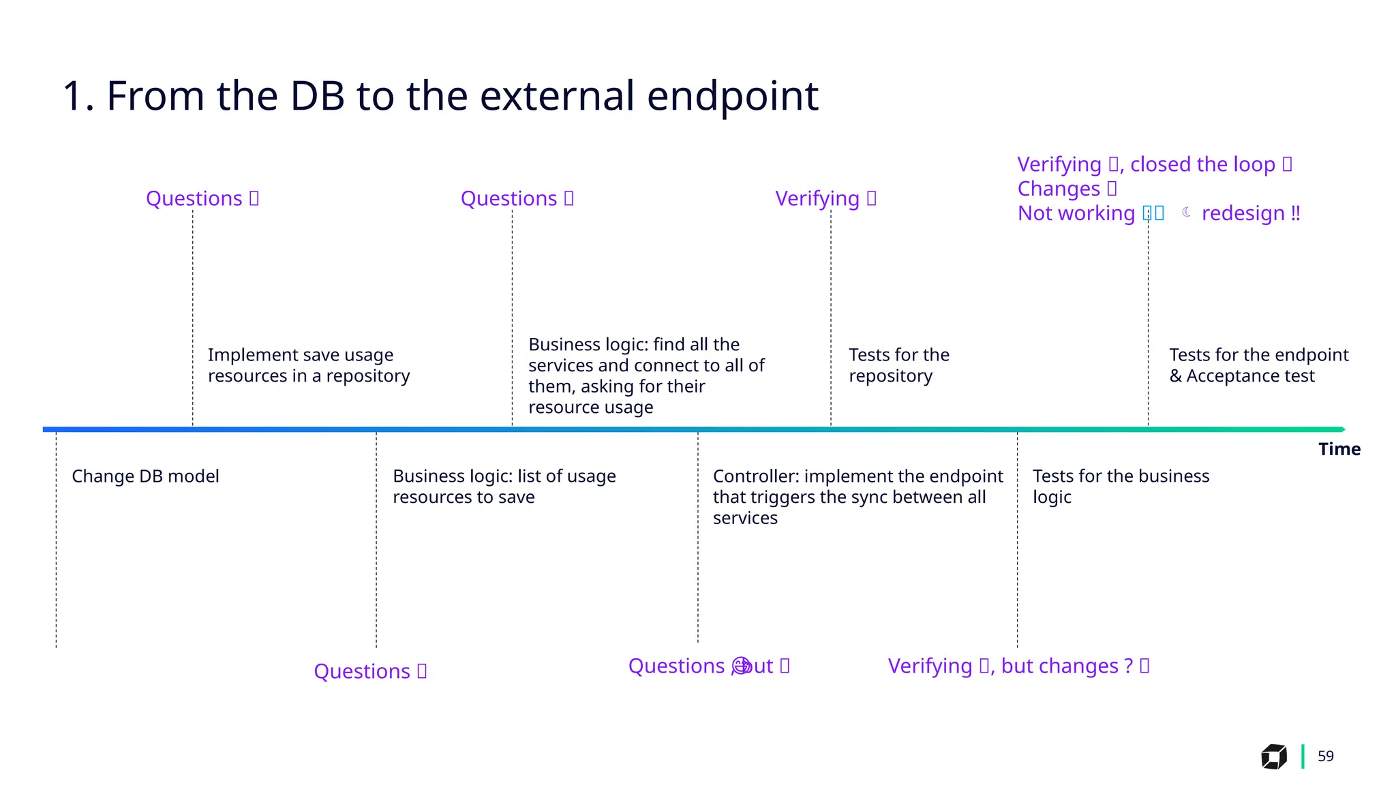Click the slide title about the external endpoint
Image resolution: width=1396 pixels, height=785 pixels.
[x=440, y=95]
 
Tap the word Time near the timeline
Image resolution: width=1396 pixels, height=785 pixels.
[x=1339, y=449]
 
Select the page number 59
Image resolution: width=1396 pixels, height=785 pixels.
[x=1325, y=756]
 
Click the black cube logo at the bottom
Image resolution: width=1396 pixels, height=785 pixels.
[x=1273, y=756]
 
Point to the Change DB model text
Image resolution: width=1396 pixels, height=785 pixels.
[x=145, y=476]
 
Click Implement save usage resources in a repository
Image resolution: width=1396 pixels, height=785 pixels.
[x=308, y=365]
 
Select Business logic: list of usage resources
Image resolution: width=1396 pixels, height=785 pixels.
[x=504, y=487]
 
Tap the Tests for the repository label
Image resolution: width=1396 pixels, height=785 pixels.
[x=898, y=365]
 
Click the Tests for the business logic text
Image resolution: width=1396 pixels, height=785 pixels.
[x=1120, y=487]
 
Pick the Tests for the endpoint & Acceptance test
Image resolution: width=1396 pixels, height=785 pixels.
[x=1258, y=365]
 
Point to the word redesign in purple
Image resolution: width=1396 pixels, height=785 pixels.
[x=1243, y=213]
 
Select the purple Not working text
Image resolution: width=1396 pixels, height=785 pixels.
[x=1076, y=213]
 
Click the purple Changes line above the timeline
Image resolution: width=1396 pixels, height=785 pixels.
[x=1059, y=189]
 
